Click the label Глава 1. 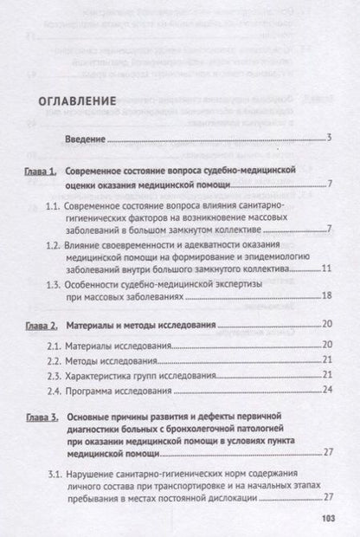[x=41, y=172]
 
